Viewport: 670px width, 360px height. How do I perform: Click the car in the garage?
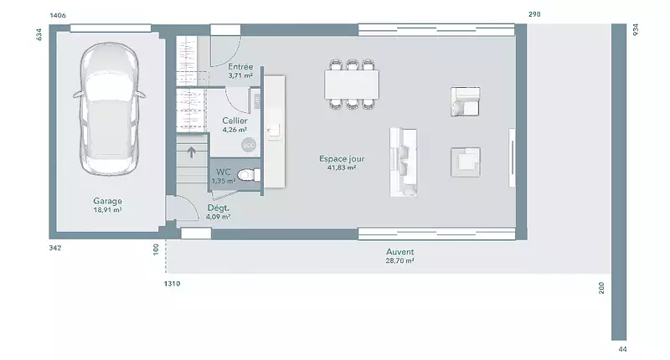pos(109,109)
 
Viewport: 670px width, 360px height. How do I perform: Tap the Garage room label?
pos(108,201)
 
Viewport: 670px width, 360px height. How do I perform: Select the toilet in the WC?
pos(249,175)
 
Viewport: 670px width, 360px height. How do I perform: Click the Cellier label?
pos(234,121)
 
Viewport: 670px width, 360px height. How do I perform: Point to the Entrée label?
pos(240,67)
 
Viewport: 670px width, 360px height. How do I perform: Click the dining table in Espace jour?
pos(352,84)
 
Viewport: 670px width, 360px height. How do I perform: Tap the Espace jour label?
pos(342,158)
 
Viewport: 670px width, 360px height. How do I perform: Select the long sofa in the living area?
pos(404,162)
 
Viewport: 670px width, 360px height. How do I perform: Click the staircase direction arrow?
pos(192,152)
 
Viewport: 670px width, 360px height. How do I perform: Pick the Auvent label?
pos(400,251)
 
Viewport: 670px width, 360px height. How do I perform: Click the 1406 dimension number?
pos(58,15)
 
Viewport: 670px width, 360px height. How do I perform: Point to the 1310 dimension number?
pos(173,284)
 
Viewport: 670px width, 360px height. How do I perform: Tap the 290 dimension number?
pos(534,14)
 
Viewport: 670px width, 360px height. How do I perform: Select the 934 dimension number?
pos(636,29)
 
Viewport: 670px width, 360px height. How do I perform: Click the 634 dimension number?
pos(39,34)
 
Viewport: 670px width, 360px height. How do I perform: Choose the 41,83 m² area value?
pos(342,167)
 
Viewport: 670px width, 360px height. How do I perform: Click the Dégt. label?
pos(219,208)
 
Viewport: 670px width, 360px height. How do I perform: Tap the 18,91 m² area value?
pos(108,210)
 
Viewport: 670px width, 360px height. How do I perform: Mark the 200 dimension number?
pos(601,288)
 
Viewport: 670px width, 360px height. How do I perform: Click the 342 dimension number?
pos(55,248)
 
